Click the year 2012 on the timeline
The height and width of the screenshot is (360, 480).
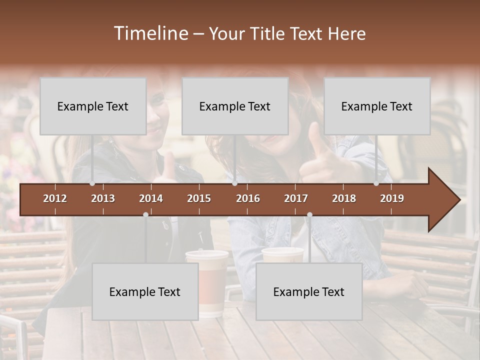point(55,198)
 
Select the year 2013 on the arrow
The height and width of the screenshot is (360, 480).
point(103,198)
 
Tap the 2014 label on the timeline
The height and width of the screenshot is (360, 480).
point(151,198)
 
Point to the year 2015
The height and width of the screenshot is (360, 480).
point(199,198)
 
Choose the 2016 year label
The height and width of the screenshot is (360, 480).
point(248,198)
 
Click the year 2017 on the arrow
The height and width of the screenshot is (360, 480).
point(296,198)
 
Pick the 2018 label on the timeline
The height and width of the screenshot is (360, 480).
point(344,198)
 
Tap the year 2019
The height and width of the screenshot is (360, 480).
point(392,198)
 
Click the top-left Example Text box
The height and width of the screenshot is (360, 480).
point(93,106)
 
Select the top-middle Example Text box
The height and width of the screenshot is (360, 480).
point(235,106)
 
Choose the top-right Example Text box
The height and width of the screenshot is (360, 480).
point(377,106)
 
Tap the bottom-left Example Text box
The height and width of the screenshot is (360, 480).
point(145,291)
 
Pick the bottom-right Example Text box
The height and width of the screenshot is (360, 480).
point(309,291)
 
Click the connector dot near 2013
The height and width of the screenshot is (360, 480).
point(92,183)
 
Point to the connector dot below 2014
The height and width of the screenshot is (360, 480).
point(145,214)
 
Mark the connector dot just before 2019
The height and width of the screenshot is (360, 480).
point(376,183)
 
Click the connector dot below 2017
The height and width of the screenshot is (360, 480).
point(309,214)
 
